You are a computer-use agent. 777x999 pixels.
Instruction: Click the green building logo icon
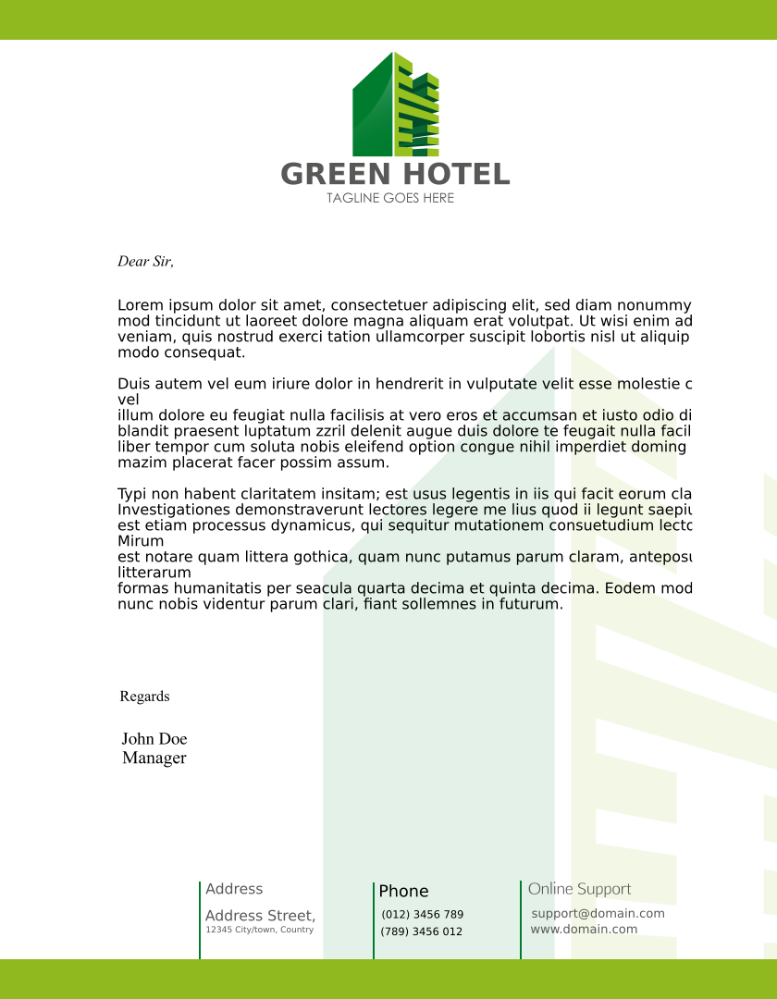point(395,104)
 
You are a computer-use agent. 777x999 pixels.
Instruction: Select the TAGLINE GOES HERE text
point(390,198)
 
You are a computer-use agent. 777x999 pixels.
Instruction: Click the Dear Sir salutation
point(145,262)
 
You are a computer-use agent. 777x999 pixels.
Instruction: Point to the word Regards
point(144,697)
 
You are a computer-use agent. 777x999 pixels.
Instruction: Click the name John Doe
point(154,739)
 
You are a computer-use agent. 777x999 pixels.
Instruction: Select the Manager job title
point(154,758)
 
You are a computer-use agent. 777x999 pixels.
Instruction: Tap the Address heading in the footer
point(234,889)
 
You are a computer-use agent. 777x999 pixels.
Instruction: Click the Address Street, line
point(260,916)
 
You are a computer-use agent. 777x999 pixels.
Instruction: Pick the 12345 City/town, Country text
point(259,930)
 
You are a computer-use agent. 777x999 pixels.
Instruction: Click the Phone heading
point(403,892)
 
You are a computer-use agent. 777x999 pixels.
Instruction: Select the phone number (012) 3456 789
point(423,915)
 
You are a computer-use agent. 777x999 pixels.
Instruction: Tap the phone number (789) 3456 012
point(422,931)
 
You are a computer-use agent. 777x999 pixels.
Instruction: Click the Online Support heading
point(580,889)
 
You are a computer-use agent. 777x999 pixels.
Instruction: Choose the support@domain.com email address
point(598,914)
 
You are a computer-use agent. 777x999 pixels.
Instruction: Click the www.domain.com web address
point(584,929)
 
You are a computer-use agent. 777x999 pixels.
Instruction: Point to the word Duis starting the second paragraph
point(134,384)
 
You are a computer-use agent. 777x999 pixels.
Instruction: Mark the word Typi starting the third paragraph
point(134,494)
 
